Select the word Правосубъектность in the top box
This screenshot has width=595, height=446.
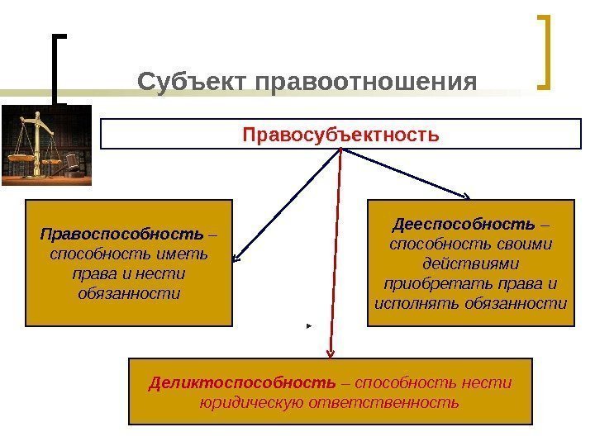coord(340,133)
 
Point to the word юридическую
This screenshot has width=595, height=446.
coord(252,403)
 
